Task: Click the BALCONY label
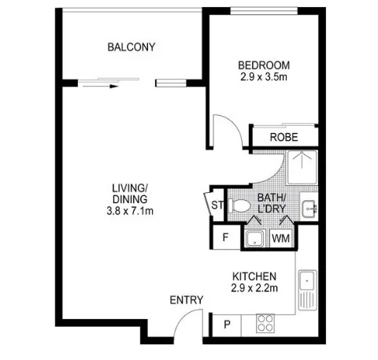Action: [132, 47]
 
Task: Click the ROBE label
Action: [283, 137]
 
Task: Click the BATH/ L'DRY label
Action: [272, 204]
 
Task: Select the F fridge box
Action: [224, 236]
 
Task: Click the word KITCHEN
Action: [254, 276]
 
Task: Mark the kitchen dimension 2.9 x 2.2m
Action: [254, 289]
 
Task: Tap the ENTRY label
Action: [187, 300]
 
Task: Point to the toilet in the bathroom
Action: [241, 207]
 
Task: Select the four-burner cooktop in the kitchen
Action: [266, 323]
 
